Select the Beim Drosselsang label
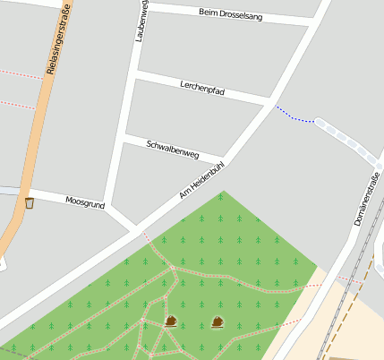coord(230,14)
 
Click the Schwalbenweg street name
coord(172,149)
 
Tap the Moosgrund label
coord(85,201)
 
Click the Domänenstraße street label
coord(367,199)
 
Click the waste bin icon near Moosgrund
coord(30,203)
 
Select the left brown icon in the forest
coord(171,321)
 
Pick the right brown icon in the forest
coord(218,321)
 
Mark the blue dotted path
coord(295,116)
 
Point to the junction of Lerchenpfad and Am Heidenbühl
coord(270,101)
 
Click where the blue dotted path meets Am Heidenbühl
coord(275,106)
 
